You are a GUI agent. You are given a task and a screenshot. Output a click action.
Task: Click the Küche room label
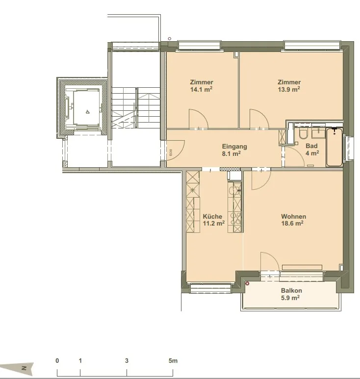(x=212, y=216)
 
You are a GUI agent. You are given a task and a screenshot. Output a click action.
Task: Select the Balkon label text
(x=291, y=291)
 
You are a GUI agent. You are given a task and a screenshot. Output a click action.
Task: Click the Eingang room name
(x=234, y=147)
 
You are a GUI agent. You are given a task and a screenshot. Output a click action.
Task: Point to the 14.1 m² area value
(x=201, y=89)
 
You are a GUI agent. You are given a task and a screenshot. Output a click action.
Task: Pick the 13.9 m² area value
(x=289, y=89)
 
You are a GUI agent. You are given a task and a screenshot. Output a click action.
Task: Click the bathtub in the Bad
(x=334, y=147)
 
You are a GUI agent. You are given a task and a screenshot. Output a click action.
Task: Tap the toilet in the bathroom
(x=303, y=134)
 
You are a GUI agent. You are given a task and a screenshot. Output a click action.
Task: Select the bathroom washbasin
(x=318, y=133)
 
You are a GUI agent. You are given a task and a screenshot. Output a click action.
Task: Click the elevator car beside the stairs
(x=86, y=107)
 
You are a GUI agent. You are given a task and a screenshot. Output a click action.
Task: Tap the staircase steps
(x=136, y=108)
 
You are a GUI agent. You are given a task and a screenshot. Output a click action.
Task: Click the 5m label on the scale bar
(x=173, y=361)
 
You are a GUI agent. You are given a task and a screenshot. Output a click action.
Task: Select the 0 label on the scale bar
(x=57, y=361)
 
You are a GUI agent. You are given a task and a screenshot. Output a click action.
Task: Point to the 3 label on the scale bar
(x=127, y=361)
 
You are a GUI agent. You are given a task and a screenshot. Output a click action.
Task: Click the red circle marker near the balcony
(x=247, y=283)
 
